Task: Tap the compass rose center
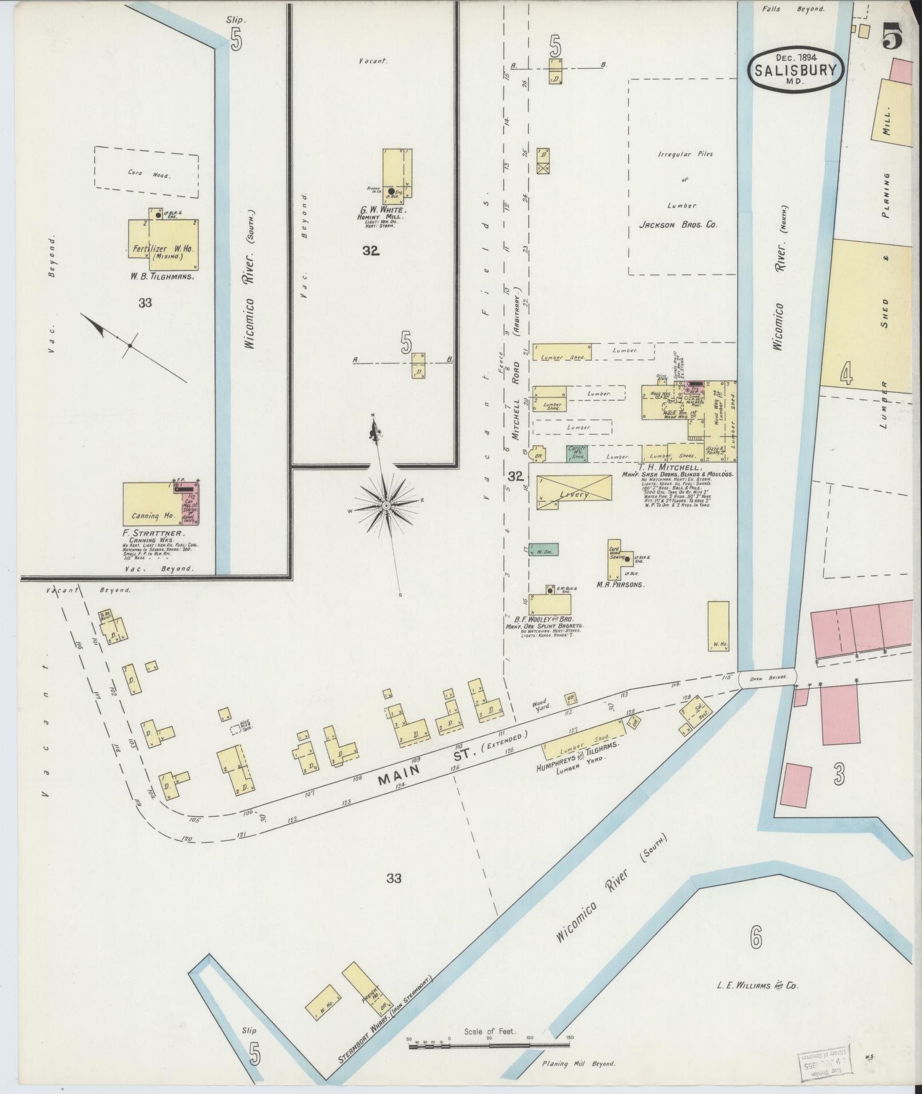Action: tap(386, 506)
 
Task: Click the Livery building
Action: tap(574, 493)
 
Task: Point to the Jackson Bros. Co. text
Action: tap(678, 226)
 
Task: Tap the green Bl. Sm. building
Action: tap(543, 549)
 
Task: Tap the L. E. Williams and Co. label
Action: tap(757, 985)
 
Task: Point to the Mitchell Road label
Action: tap(516, 400)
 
